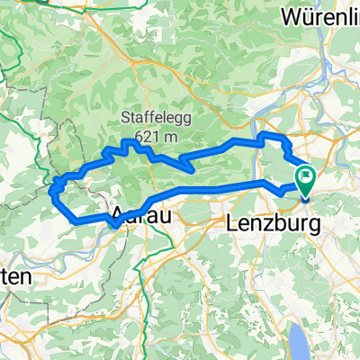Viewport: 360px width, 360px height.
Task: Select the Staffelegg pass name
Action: pyautogui.click(x=155, y=115)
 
